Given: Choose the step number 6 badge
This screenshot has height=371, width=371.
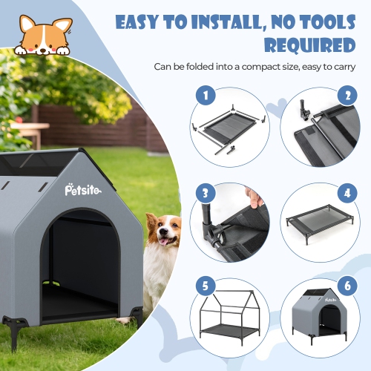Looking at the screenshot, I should (x=344, y=285).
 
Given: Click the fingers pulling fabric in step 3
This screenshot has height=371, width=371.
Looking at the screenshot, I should (x=255, y=198).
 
